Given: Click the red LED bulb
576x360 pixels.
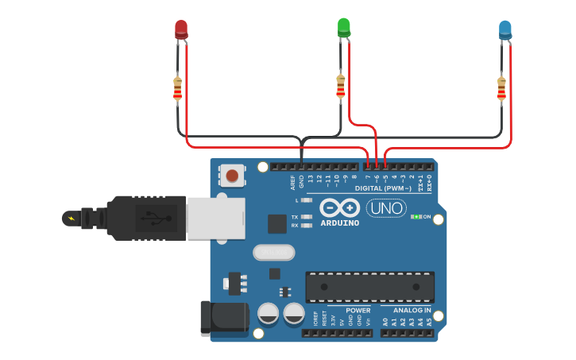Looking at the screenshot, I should [x=181, y=29].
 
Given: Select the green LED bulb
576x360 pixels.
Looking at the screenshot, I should [x=344, y=27].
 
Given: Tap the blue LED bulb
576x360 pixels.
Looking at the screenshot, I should [x=504, y=30].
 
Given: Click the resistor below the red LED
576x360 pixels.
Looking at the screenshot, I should [x=177, y=89].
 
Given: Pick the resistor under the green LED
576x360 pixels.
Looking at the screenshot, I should [x=341, y=86].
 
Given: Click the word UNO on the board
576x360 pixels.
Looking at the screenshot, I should [x=386, y=208].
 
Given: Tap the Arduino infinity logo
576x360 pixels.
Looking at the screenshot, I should [x=340, y=208].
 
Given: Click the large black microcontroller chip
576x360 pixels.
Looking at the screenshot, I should [x=370, y=286].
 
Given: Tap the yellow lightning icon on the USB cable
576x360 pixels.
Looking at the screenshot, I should [x=73, y=218].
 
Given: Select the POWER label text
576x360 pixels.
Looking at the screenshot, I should [x=358, y=311].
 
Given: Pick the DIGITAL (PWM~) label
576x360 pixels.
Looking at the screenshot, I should [x=383, y=188].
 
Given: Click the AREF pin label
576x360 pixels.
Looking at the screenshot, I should [x=292, y=182].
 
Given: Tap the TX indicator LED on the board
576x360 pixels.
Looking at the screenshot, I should [x=307, y=217].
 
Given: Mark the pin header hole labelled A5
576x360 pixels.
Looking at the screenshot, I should [x=430, y=333].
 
